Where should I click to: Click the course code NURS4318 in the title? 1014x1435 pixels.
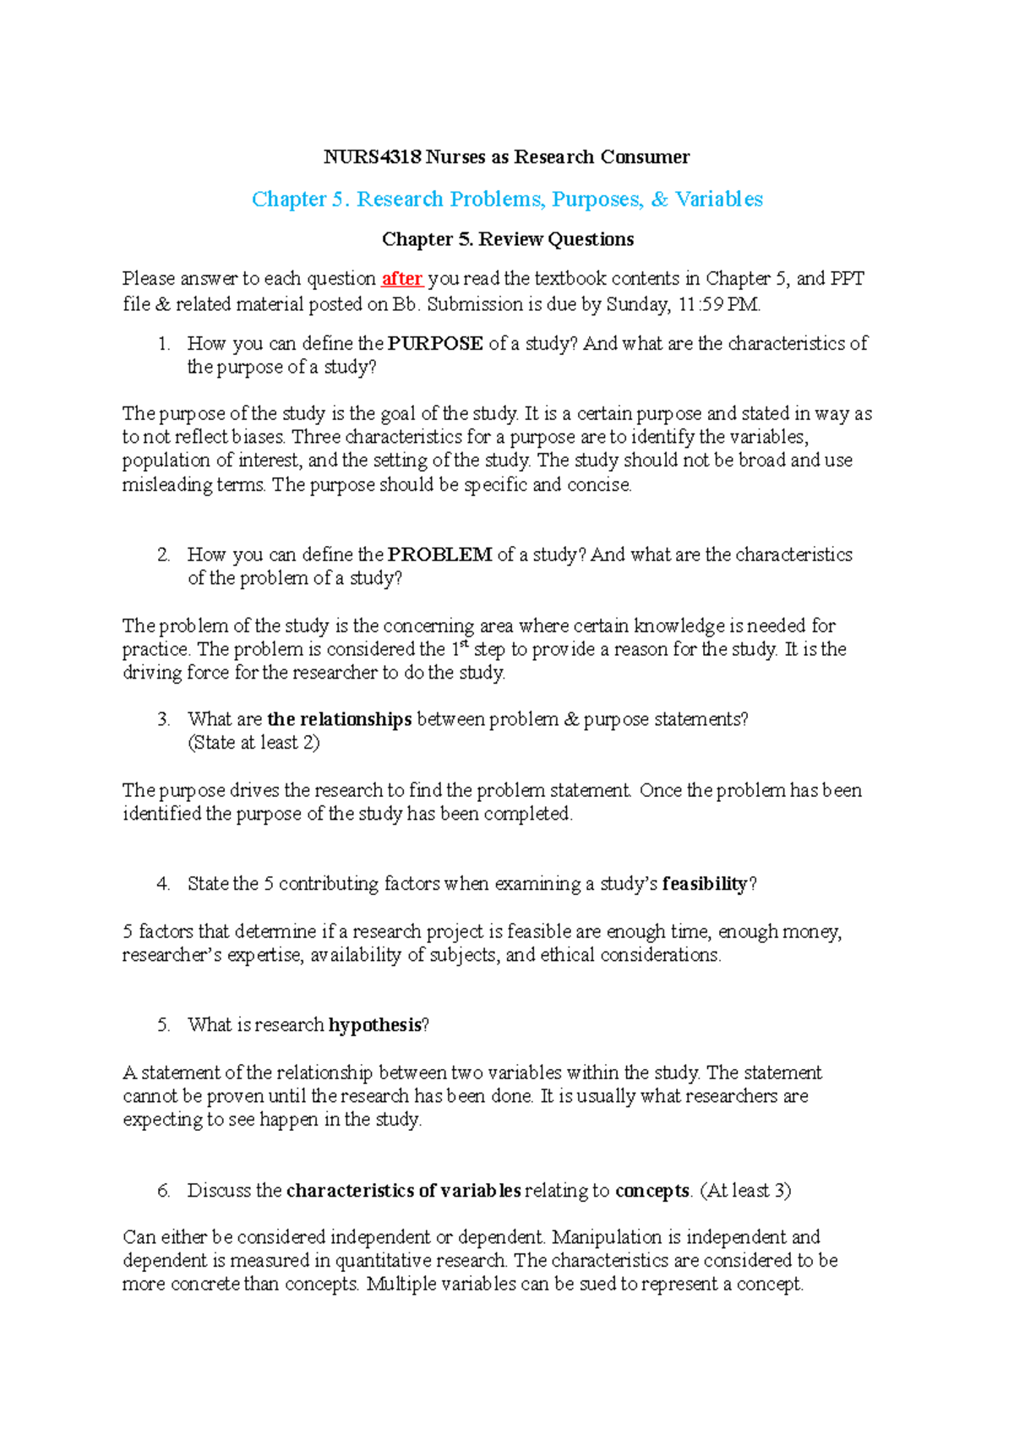click(x=373, y=157)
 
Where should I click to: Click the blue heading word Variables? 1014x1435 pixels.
click(x=718, y=199)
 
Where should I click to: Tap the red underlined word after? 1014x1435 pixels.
click(x=401, y=279)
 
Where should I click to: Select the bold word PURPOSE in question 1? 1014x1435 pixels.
click(x=435, y=344)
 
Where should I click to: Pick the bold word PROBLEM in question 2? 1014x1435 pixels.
click(x=439, y=555)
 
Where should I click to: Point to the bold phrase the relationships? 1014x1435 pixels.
click(x=339, y=720)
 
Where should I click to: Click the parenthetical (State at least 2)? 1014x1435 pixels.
click(x=253, y=743)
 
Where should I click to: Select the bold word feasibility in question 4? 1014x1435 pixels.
click(x=705, y=884)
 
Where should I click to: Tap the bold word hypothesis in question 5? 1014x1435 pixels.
click(x=374, y=1025)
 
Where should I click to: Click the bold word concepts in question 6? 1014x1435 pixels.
click(x=652, y=1191)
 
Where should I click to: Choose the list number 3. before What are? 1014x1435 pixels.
click(x=164, y=720)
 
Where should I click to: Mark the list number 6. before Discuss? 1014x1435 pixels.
click(x=164, y=1191)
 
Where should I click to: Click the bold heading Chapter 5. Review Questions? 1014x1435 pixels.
click(x=507, y=240)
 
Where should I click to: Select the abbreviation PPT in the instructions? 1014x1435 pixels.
click(x=847, y=279)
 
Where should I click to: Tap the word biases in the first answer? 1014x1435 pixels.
click(x=258, y=438)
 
